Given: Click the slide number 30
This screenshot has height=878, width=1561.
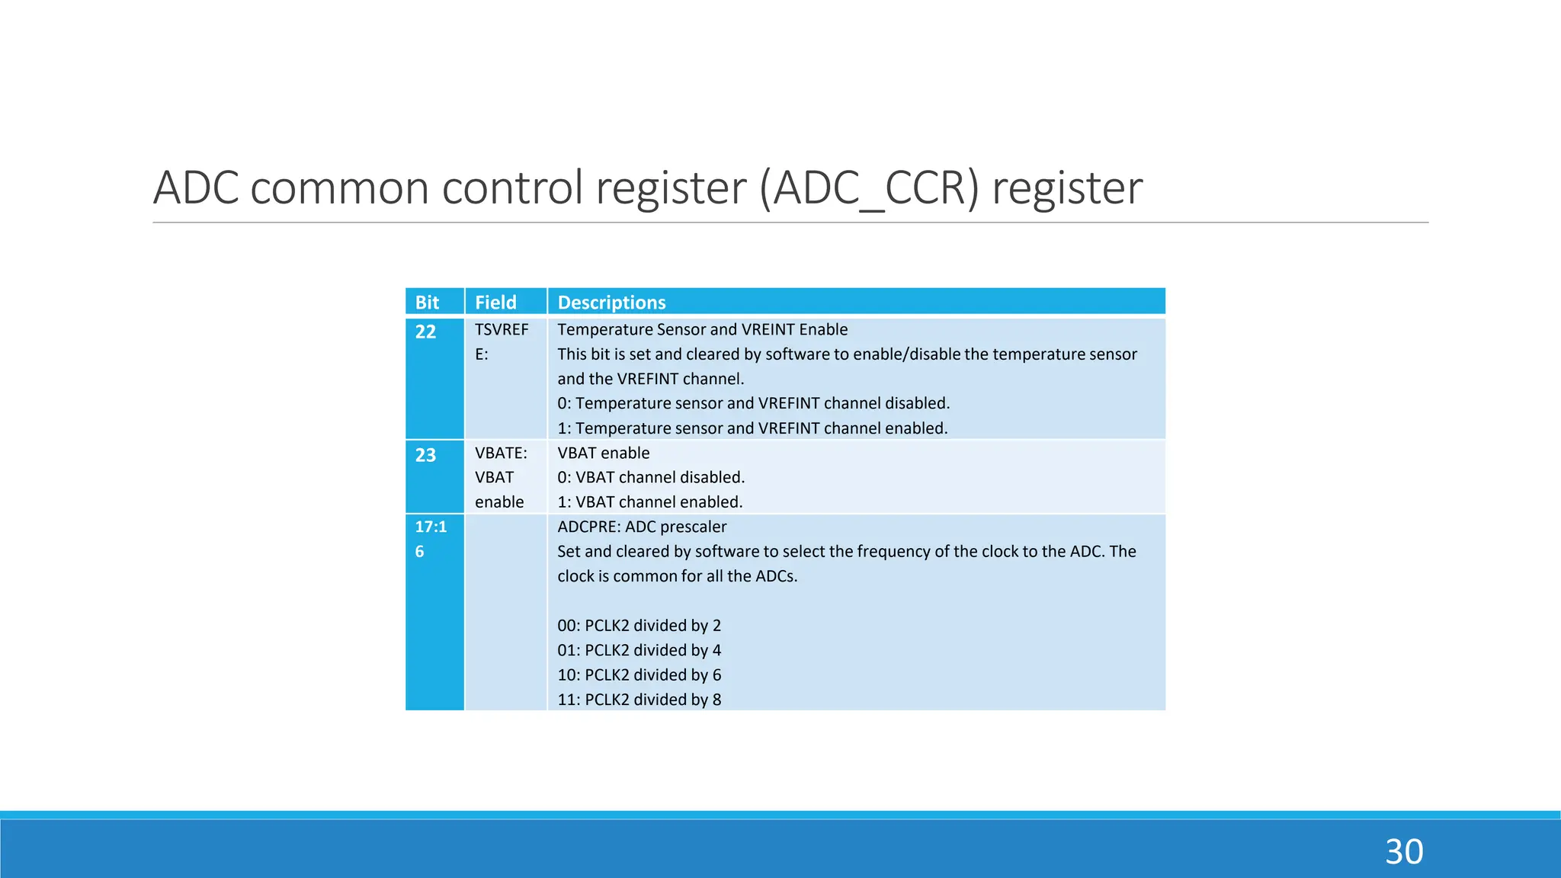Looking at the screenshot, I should pos(1404,852).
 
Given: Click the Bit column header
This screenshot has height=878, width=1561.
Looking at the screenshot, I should pos(427,303).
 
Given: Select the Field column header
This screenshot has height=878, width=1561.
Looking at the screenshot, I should pos(495,303).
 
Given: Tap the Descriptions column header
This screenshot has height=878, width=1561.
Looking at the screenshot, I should pos(611,303).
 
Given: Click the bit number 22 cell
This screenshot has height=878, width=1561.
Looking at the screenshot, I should pos(425,332).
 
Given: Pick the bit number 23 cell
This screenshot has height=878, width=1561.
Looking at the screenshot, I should pos(425,456).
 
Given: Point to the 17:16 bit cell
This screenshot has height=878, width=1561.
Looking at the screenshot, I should pos(431,538).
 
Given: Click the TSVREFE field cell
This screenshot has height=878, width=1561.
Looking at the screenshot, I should pos(501,341).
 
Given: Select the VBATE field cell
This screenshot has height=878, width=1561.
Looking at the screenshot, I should pos(501,477).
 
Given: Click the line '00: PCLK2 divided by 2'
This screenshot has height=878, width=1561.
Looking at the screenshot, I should pos(639,626).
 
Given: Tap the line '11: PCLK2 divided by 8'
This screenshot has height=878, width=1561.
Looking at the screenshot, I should pos(639,700).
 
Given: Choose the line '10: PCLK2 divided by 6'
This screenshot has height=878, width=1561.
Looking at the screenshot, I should pos(639,675).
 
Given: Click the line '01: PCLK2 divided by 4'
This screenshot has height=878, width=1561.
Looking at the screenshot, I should pos(639,650).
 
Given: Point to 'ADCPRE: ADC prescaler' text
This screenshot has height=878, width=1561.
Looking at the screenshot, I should pos(642,527).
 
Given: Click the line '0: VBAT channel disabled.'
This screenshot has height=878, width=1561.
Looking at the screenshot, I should pos(651,478).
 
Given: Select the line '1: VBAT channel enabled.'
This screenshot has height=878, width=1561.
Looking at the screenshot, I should pos(649,502).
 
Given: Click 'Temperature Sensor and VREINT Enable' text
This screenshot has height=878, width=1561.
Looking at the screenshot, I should pos(702,330).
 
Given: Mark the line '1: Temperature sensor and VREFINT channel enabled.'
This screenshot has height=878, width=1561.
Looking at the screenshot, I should pos(752,428).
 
